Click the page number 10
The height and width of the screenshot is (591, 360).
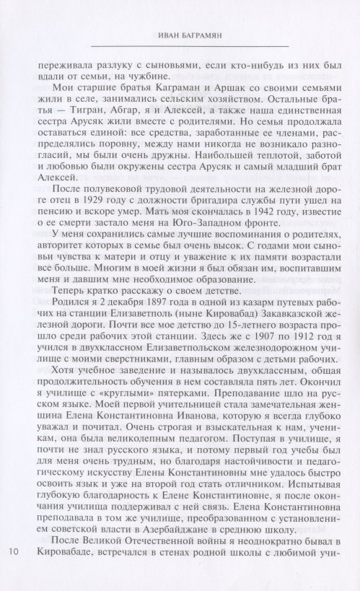[x=15, y=572]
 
